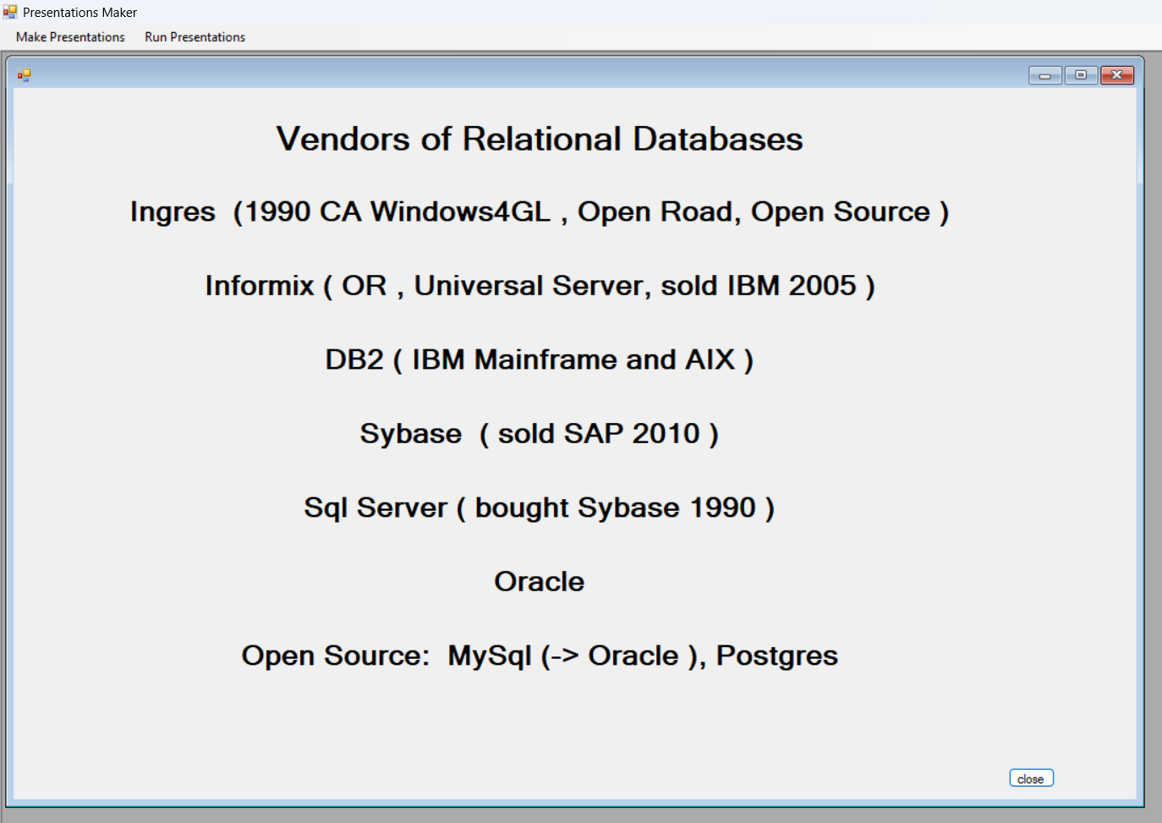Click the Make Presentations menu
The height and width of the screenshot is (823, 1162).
(70, 37)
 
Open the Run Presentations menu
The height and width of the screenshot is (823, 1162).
(195, 37)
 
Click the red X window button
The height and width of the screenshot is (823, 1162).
(1117, 75)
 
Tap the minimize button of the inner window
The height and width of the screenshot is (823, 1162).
(1045, 75)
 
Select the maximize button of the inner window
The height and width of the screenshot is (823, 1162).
(1081, 75)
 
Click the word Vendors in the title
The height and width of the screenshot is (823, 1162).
(343, 139)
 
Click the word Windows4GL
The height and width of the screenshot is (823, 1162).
(460, 211)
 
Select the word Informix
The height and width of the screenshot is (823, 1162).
(260, 286)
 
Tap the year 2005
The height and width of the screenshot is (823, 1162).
(822, 286)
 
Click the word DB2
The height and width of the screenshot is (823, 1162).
(354, 359)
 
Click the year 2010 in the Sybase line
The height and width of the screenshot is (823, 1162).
(666, 434)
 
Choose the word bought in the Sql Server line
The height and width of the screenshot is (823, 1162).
(522, 508)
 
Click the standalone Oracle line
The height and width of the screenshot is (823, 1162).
(539, 582)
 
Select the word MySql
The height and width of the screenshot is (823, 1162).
(490, 656)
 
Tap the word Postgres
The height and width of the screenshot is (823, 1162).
(777, 656)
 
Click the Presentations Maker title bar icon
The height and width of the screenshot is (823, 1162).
(10, 11)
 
